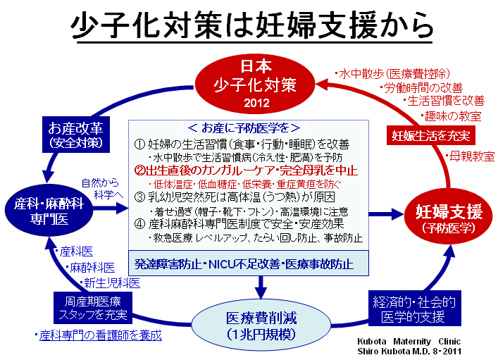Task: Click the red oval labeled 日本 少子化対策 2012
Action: coord(254,84)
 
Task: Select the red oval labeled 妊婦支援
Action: coord(449,218)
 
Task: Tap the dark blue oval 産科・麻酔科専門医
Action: coord(49,210)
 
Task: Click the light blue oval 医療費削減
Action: coord(261,325)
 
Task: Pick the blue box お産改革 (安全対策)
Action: coord(76,135)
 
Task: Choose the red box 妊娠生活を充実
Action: coord(430,135)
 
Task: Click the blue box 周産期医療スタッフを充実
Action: coord(93,308)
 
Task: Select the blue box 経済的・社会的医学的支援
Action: coord(414,308)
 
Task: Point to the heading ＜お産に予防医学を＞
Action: coord(244,128)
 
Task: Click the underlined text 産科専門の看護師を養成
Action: coord(100,335)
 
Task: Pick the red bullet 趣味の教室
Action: coord(452,116)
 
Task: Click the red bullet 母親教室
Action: coord(470,156)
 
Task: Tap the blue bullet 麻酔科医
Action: coord(90,268)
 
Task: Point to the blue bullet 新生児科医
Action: coord(110,283)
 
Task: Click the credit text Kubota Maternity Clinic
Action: coord(409,341)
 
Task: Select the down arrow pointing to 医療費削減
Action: coord(261,287)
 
